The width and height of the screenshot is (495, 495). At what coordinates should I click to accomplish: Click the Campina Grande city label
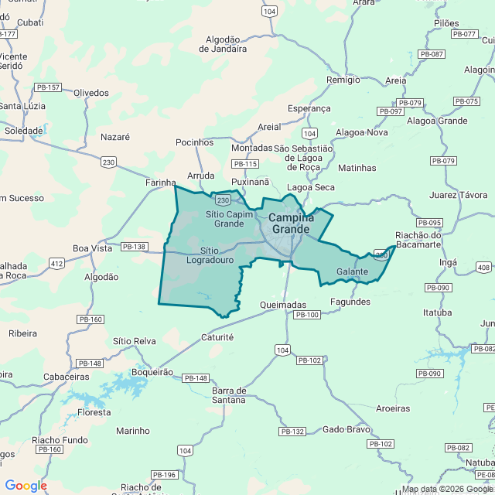click(289, 224)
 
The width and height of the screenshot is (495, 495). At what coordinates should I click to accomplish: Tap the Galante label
click(352, 272)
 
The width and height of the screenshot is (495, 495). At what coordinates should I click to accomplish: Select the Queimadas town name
click(284, 305)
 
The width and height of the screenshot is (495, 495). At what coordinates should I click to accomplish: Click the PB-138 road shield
click(134, 247)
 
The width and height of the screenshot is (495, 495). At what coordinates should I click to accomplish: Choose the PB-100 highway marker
click(307, 315)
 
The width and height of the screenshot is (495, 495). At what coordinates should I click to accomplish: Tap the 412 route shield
click(56, 264)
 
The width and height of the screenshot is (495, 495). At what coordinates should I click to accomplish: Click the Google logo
click(26, 486)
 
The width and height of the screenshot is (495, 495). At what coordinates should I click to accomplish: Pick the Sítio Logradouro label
click(210, 255)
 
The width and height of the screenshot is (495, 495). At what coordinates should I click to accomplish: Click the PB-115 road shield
click(246, 164)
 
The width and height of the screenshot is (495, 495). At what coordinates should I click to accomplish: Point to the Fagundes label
click(350, 302)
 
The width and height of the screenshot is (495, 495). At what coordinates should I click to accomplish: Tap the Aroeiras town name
click(392, 408)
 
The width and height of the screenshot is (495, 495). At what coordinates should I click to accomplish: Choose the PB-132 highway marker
click(293, 431)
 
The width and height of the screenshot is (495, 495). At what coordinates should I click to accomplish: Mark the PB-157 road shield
click(48, 87)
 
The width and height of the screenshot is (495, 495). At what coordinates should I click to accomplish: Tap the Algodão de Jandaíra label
click(226, 44)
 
